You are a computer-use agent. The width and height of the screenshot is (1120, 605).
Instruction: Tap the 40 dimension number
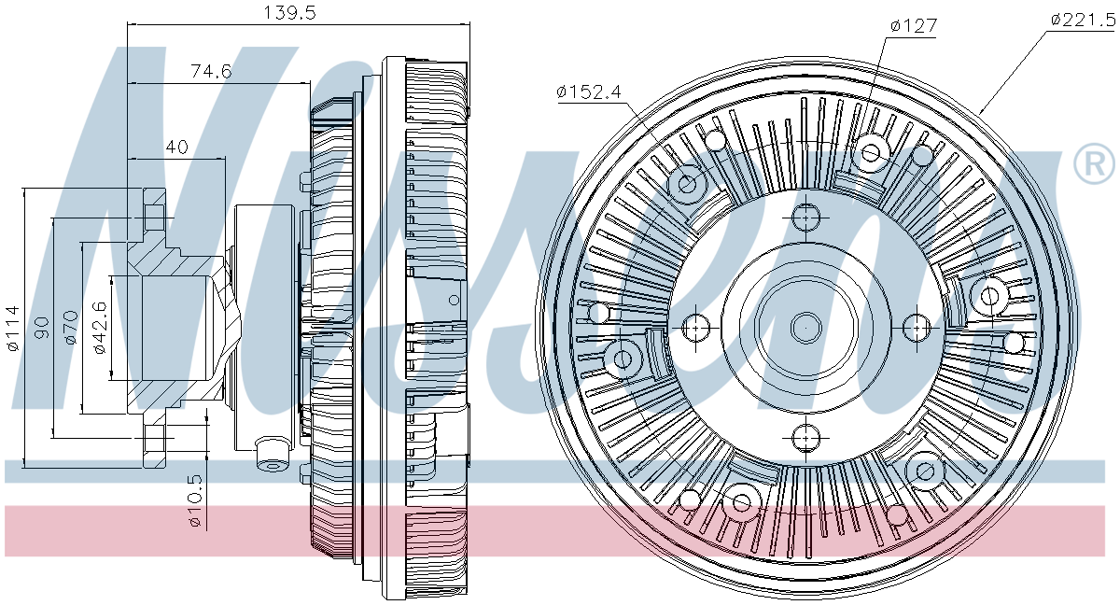pos(177,147)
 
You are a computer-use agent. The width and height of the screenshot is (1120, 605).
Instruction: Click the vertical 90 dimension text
pos(41,327)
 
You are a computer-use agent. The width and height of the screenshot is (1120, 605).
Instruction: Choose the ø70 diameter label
pos(70,327)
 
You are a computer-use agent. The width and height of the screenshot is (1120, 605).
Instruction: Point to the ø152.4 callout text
pos(589,91)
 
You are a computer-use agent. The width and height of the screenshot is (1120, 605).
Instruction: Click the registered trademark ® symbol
pos(1093,165)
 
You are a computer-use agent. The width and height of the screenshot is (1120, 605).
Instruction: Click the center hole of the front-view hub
pos(805,327)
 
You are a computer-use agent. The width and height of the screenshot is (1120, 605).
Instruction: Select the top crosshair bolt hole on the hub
pos(805,218)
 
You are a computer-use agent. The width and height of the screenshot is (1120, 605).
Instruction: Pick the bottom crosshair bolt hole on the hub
pos(805,435)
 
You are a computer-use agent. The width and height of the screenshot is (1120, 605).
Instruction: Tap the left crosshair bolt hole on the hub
pos(696,327)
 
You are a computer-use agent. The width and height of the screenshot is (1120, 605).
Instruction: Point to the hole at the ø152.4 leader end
pos(688,183)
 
